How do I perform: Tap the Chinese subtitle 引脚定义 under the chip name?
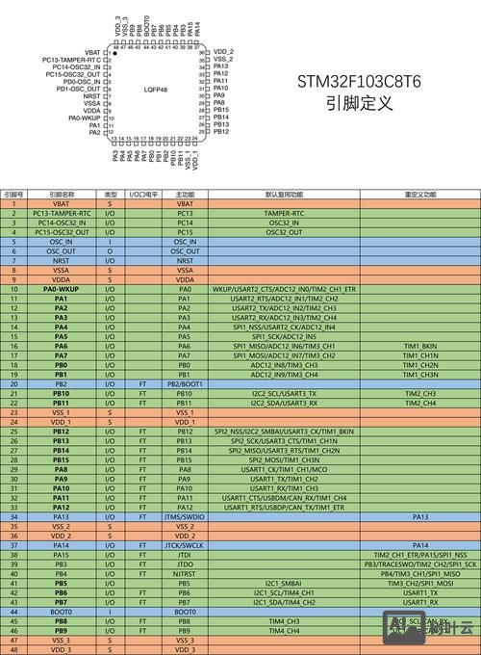pos(359,104)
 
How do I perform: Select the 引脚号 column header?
pos(14,195)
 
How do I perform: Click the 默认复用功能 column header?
pos(284,195)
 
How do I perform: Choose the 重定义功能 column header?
pos(420,195)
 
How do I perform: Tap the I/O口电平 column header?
pos(143,195)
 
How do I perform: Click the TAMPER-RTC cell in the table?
pos(284,213)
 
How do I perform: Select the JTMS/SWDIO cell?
pos(186,516)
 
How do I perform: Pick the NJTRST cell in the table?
pos(186,574)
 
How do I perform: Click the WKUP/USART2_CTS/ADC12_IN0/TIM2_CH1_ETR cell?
pos(284,289)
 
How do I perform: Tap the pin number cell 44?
pos(14,612)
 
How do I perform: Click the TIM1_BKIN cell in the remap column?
pos(420,346)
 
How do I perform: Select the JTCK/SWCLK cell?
pos(186,545)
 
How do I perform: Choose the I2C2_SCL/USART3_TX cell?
pos(284,393)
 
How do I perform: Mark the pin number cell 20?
pos(14,383)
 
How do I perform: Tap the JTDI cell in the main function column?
pos(186,555)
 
